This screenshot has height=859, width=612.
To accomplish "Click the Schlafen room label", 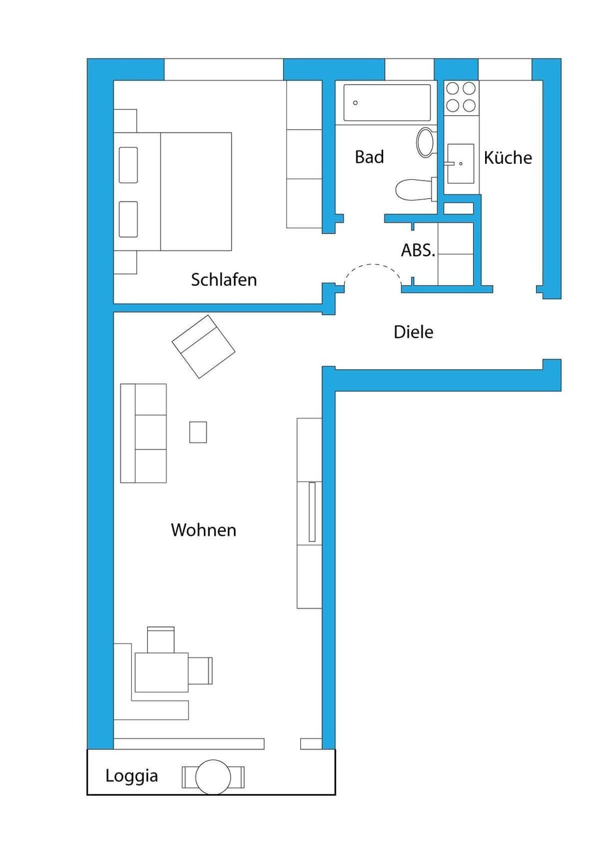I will pos(224,280).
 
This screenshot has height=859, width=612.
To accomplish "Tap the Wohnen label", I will pos(203,530).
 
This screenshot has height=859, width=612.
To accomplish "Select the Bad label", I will pos(369,157).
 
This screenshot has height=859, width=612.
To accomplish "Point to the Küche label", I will pos(507,158).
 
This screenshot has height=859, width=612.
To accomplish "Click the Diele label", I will pos(413,332).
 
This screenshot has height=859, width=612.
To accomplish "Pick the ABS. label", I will pos(418,250).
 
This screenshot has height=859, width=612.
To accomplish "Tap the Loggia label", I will pos(131,775).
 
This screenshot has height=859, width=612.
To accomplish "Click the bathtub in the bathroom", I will pos(387,102).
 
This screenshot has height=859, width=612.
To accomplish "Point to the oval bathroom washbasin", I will pos(425,142).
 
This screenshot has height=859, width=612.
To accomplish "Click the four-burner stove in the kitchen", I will pos(461,97).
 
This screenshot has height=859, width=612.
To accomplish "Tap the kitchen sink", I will pos(460,164).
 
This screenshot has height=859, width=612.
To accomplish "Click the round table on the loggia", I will pos(213,777).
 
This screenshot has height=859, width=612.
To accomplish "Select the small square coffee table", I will pos(198,432).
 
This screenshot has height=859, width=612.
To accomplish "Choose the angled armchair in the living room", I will pos(203,346).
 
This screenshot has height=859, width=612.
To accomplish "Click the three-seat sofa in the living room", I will pos(143,433).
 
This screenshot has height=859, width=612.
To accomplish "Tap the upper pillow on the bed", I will pos(128,165).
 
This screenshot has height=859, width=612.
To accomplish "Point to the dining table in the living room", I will pos(161,672).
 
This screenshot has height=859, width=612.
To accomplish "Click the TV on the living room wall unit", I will pos(312,511).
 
